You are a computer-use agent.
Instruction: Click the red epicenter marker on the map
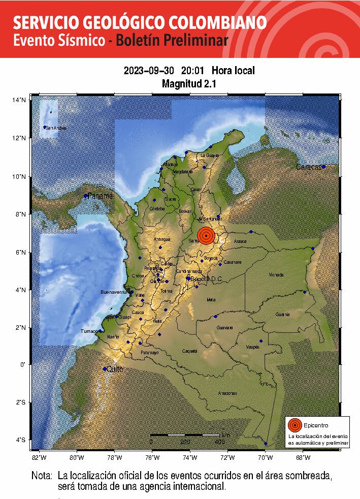[206, 236]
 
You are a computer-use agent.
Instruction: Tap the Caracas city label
[309, 167]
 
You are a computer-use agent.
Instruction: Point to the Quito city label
[115, 369]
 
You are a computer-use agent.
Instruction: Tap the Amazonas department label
[227, 393]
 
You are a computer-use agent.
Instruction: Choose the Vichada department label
[276, 275]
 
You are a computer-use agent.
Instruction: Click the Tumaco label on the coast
[89, 331]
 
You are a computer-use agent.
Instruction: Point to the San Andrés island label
[56, 128]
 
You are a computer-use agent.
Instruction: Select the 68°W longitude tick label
[303, 457]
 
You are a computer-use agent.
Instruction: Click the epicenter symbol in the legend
[294, 426]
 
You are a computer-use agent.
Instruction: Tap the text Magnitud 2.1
[189, 84]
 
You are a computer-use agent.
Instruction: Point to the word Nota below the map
[42, 477]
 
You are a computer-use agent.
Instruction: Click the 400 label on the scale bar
[219, 442]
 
